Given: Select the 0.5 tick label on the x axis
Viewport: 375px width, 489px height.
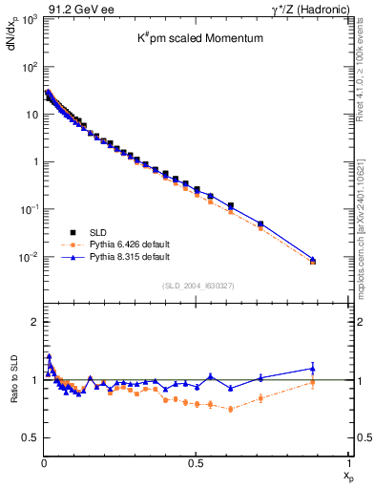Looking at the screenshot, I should pyautogui.click(x=196, y=463).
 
